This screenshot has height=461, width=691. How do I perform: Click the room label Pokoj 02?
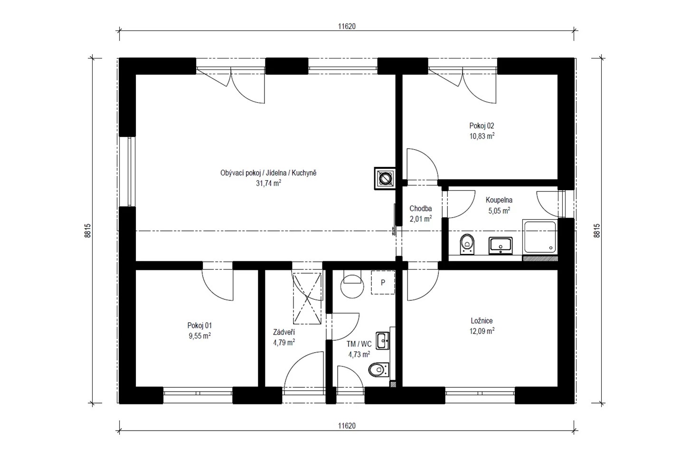[482, 125]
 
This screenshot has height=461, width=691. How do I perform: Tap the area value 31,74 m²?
[268, 183]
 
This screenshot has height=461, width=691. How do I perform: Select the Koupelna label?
[499, 200]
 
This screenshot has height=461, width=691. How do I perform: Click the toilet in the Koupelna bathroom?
[468, 244]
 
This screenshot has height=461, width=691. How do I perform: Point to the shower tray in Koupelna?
[540, 237]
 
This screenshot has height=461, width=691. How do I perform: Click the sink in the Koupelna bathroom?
[501, 246]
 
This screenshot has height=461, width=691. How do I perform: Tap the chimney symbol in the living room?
[385, 178]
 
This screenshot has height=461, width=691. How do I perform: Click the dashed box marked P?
[383, 282]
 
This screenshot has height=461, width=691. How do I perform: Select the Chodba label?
[420, 209]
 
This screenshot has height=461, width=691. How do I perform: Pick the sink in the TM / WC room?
[383, 341]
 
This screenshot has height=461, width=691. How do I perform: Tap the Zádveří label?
[284, 332]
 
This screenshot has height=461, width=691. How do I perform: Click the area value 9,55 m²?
[199, 336]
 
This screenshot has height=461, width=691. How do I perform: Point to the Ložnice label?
[482, 320]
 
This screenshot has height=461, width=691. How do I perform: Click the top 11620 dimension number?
[347, 27]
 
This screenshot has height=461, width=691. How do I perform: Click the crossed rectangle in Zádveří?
[307, 298]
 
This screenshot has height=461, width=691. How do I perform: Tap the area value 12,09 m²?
[482, 331]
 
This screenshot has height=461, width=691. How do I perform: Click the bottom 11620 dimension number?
[347, 426]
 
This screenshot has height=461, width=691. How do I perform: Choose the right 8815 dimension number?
[597, 230]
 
